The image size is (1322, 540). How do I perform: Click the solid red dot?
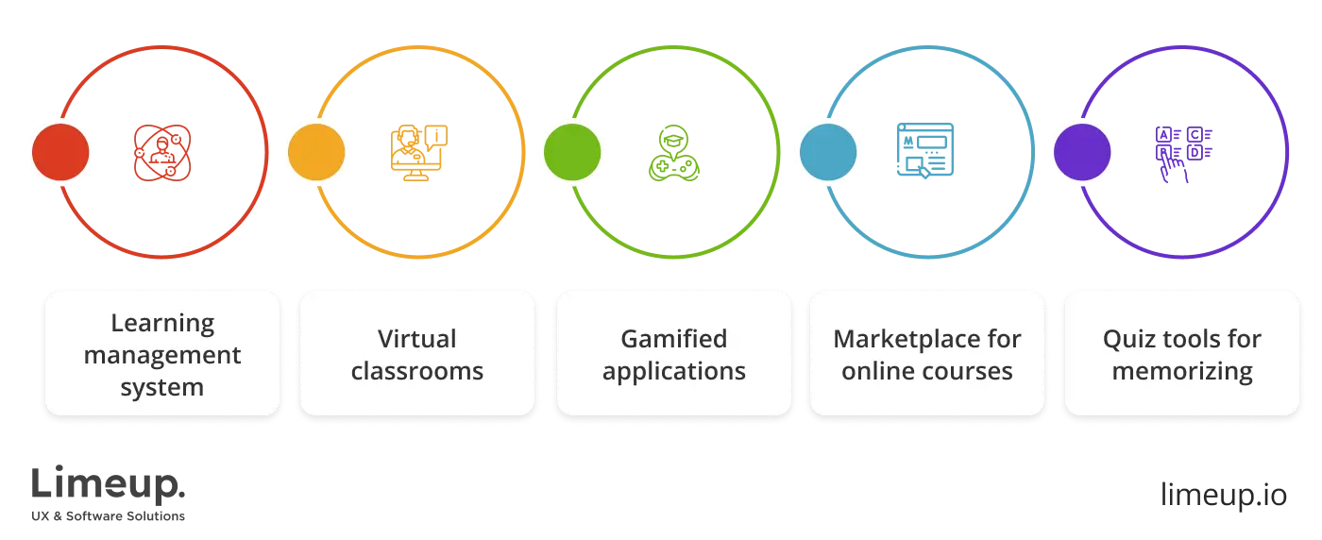pyautogui.click(x=60, y=151)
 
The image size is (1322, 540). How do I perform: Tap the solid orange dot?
pyautogui.click(x=315, y=151)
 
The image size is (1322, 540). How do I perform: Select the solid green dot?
pyautogui.click(x=572, y=151)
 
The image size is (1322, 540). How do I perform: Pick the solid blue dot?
pyautogui.click(x=828, y=151)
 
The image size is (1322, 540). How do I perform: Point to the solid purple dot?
pyautogui.click(x=1082, y=151)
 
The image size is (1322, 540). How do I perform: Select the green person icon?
pyautogui.click(x=674, y=151)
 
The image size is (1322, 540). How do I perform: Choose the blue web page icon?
pyautogui.click(x=925, y=151)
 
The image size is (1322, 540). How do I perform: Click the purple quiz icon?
pyautogui.click(x=1185, y=153)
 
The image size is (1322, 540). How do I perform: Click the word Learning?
pyautogui.click(x=162, y=323)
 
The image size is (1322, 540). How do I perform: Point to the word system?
pyautogui.click(x=162, y=387)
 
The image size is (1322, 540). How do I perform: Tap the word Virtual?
pyautogui.click(x=416, y=339)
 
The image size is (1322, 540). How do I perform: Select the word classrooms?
pyautogui.click(x=416, y=371)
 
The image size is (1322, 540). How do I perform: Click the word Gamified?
pyautogui.click(x=673, y=339)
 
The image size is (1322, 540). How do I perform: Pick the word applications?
pyautogui.click(x=673, y=371)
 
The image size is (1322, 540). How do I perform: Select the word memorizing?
pyautogui.click(x=1181, y=371)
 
